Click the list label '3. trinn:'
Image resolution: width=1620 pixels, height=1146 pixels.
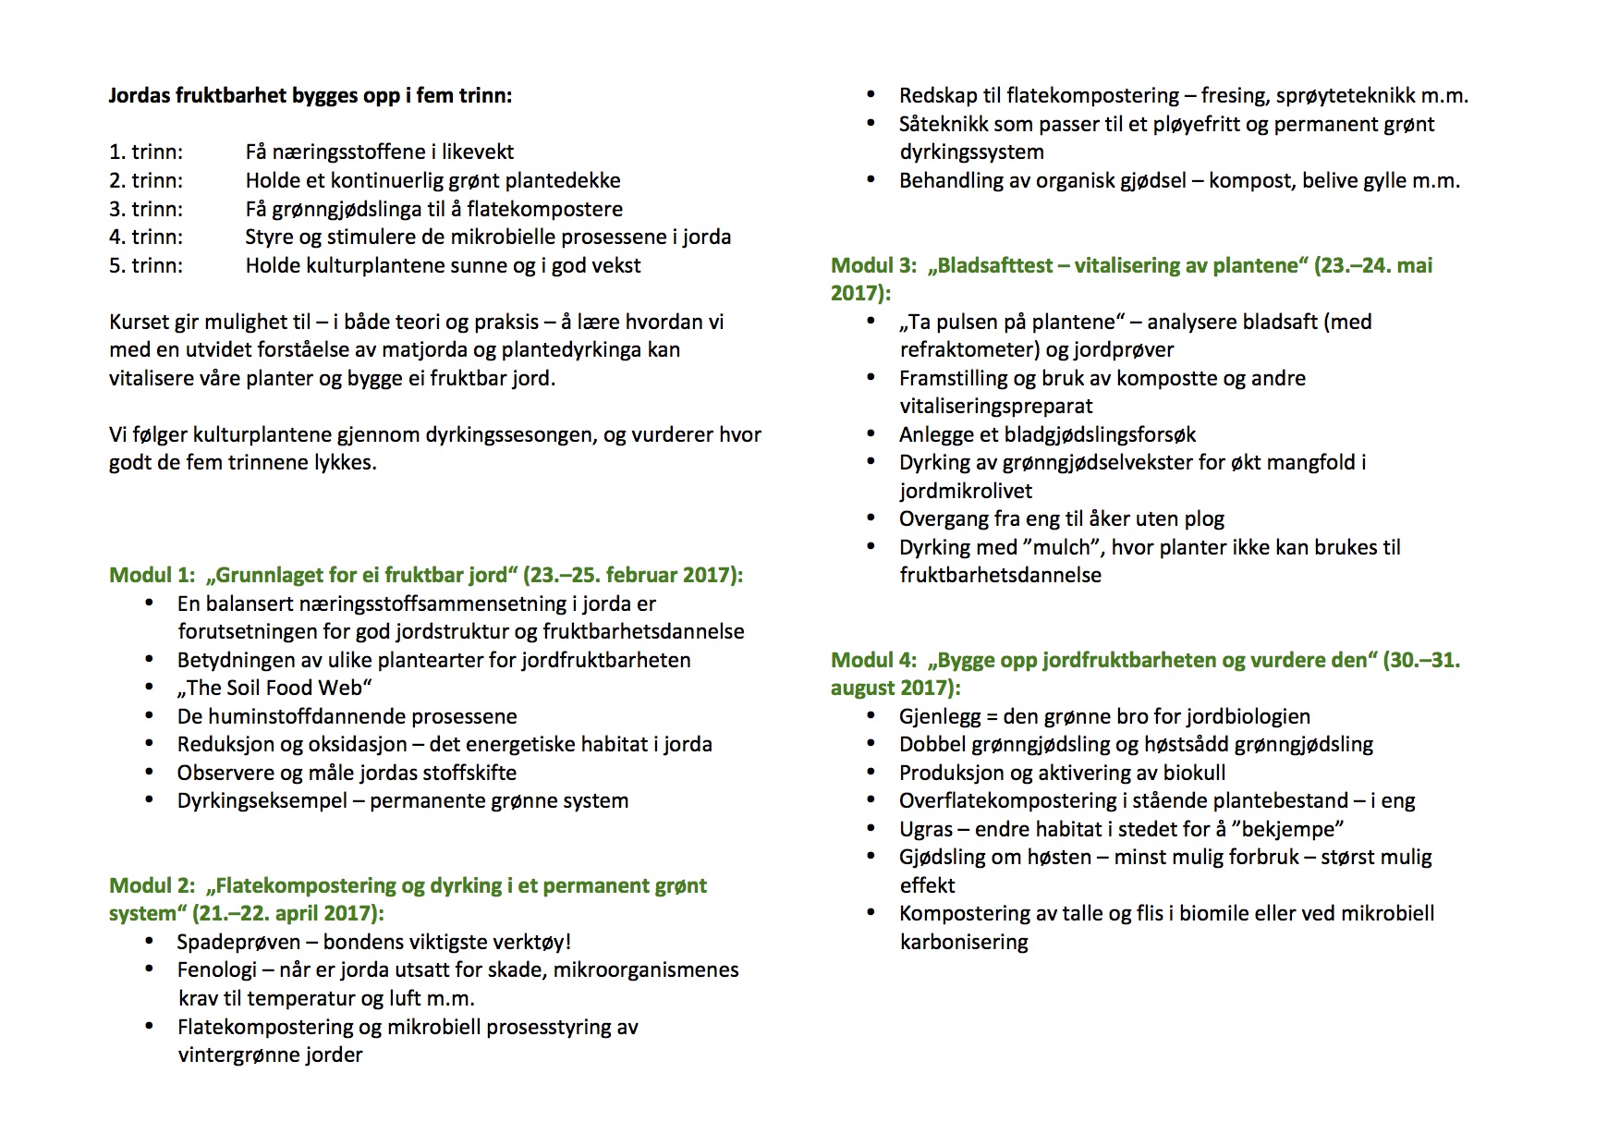click(146, 209)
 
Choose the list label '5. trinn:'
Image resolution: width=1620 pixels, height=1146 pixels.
click(146, 265)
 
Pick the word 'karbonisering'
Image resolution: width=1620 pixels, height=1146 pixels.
click(964, 942)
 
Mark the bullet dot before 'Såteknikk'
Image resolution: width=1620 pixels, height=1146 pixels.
click(871, 123)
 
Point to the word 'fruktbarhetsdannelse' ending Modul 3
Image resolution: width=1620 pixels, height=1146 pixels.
click(1001, 575)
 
